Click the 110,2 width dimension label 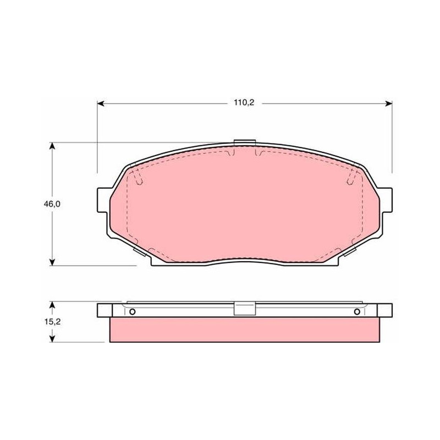tap(244, 103)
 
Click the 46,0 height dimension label tap(52, 204)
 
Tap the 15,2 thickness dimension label tap(52, 322)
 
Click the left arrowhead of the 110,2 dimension tap(101, 104)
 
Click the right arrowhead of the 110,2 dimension tap(389, 104)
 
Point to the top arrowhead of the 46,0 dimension tap(52, 146)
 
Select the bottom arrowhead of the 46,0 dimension tap(52, 262)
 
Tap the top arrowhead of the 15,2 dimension tap(52, 305)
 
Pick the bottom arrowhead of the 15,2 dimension tap(52, 339)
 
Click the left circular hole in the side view tap(132, 311)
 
